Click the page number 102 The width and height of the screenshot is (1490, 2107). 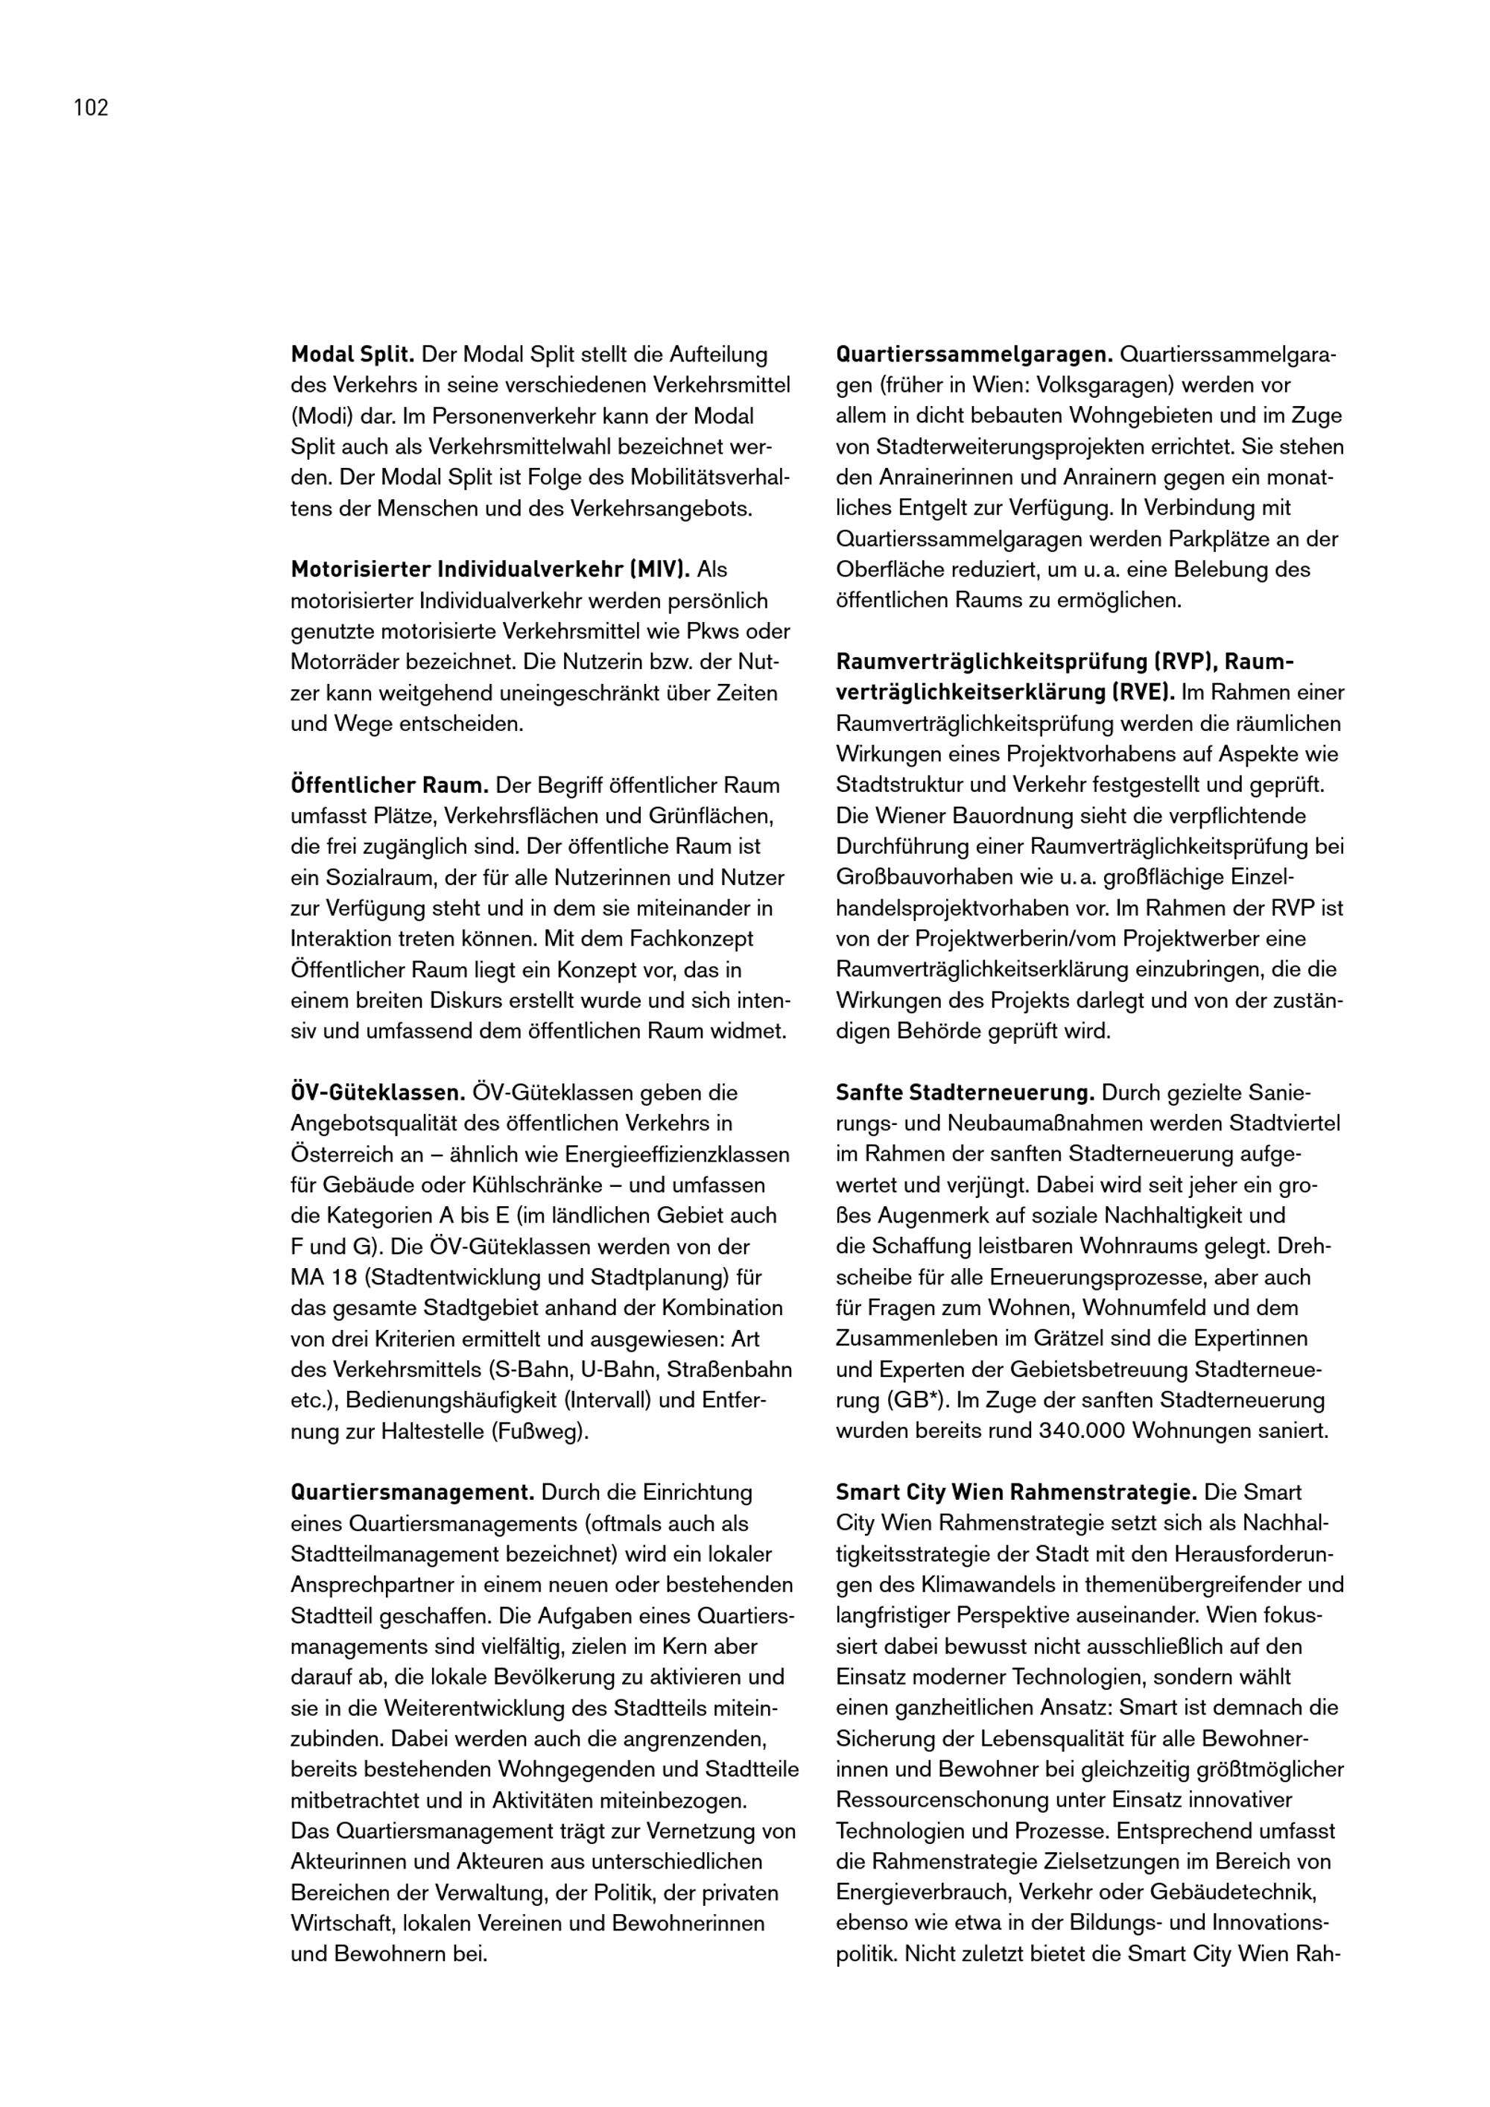coord(91,108)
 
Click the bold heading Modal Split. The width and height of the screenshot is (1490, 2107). coord(352,354)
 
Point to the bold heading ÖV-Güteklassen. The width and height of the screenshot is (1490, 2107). coord(378,1093)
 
